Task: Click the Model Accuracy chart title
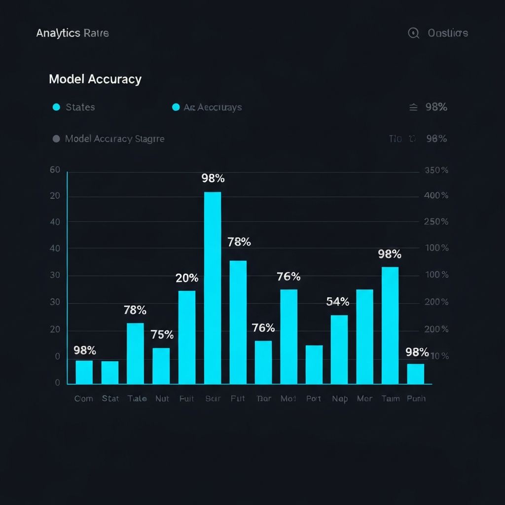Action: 95,79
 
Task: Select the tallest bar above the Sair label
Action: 213,288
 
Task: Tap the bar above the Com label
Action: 84,372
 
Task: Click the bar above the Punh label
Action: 415,374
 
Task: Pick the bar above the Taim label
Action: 390,325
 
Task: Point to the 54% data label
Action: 338,302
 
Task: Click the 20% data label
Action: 187,278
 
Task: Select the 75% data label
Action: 162,335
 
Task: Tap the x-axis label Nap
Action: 339,398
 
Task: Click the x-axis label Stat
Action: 110,398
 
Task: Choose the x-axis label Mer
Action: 364,398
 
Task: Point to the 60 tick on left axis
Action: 55,170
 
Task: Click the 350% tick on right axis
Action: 436,171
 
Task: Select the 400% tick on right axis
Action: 436,196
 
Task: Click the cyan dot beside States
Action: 56,107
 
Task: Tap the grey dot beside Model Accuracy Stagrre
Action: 56,139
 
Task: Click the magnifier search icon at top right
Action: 413,33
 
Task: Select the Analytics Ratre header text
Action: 72,33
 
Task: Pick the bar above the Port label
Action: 314,364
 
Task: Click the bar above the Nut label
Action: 161,366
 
